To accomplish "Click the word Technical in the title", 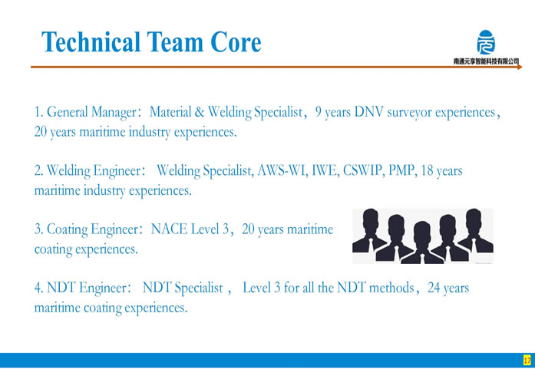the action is [x=91, y=42].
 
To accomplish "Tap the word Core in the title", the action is [x=236, y=42].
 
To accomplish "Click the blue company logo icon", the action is [x=486, y=42].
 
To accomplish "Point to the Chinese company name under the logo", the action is [x=486, y=61].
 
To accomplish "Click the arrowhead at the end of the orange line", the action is [x=520, y=67].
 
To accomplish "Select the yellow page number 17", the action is [x=527, y=360].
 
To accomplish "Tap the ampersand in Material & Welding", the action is [x=200, y=112].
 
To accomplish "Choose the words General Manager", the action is [x=91, y=113].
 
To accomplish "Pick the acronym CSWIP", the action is [x=362, y=170].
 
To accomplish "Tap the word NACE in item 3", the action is [x=170, y=229].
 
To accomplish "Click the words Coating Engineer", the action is [x=92, y=229].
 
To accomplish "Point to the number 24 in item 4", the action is [x=434, y=288].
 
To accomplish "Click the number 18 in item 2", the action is [x=428, y=170].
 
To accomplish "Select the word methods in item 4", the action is [x=391, y=288].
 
